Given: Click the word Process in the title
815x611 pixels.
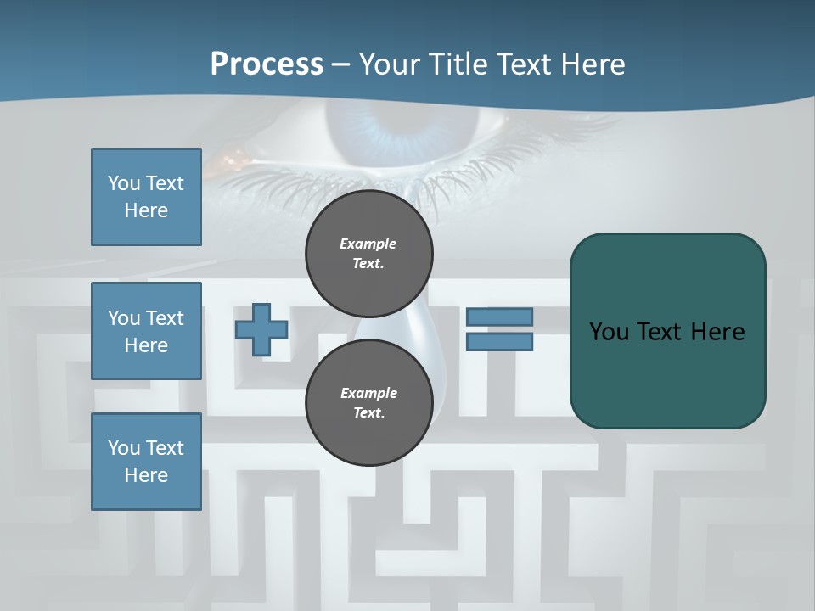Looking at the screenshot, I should [x=267, y=64].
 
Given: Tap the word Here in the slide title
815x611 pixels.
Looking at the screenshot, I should [x=593, y=64].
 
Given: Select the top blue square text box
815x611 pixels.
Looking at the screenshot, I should [x=146, y=197].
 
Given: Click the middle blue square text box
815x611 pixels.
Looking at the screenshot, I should [x=146, y=331].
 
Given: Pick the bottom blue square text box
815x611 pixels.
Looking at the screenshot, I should [x=146, y=462].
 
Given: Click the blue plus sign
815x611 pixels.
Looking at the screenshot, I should [x=261, y=329].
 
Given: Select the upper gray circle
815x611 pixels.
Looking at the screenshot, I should [x=369, y=254].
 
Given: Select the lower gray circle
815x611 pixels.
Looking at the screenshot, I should [x=369, y=403].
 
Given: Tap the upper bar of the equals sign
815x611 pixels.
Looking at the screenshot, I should [x=499, y=317].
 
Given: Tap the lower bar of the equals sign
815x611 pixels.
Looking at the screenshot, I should [x=499, y=342].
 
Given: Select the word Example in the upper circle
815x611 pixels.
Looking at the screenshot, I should [x=368, y=244].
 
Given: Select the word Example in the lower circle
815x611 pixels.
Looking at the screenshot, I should [x=368, y=393].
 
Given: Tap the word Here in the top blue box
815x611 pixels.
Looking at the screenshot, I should [x=146, y=210].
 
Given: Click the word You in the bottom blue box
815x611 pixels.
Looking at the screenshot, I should [x=124, y=448].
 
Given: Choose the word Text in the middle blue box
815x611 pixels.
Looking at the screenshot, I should [x=165, y=318].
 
